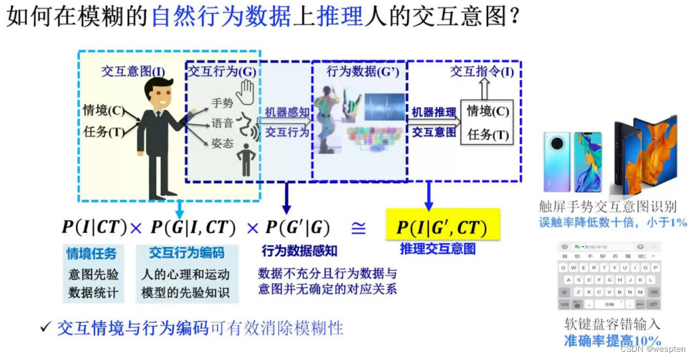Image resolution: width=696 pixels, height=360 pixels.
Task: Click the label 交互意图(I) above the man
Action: point(133,71)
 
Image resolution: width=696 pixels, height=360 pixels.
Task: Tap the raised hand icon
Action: point(245,88)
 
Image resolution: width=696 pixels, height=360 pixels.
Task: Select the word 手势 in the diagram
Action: point(222,103)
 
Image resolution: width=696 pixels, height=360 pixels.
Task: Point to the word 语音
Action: point(222,123)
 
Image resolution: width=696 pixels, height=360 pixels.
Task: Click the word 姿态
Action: point(222,143)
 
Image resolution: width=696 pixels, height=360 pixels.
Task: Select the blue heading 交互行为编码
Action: point(186,253)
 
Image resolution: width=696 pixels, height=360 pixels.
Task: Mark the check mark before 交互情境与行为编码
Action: point(45,328)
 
